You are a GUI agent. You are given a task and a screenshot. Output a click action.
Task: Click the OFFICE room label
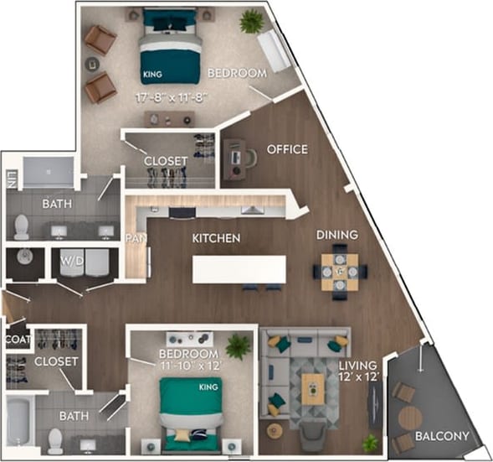[287, 150]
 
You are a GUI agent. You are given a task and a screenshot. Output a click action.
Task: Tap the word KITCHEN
[216, 239]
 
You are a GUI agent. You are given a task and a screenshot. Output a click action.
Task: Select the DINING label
[336, 235]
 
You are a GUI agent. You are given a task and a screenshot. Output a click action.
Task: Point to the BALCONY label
[441, 437]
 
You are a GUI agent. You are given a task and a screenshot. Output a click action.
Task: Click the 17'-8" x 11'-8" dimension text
[171, 97]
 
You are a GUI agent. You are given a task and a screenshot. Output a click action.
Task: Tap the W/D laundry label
[70, 260]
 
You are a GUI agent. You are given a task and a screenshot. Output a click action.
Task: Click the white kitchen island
[239, 269]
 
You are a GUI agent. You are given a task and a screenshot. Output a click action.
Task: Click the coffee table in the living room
[312, 389]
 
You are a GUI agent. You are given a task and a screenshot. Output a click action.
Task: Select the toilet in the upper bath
[22, 226]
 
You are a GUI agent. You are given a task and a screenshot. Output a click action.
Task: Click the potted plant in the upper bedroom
[250, 22]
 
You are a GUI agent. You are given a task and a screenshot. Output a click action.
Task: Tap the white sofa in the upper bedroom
[274, 52]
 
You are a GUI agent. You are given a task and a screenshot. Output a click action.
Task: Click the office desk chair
[250, 157]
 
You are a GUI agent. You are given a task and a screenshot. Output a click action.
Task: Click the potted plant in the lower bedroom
[238, 345]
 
